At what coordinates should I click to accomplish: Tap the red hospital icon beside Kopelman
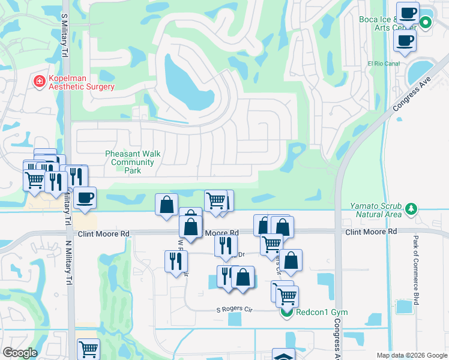click(40, 82)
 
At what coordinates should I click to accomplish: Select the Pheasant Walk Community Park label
click(133, 162)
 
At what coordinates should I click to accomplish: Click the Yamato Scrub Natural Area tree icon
click(411, 209)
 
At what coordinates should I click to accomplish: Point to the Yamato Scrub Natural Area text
click(376, 209)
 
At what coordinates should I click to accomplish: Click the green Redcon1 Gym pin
click(287, 313)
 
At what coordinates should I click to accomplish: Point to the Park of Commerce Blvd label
click(415, 270)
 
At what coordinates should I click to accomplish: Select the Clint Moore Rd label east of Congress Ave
click(371, 231)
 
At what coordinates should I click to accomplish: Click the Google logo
click(20, 353)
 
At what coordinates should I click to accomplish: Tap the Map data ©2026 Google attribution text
click(411, 355)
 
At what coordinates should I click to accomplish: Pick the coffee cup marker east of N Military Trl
click(85, 198)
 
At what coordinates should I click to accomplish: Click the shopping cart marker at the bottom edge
click(89, 349)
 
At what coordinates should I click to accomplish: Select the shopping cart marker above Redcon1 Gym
click(287, 295)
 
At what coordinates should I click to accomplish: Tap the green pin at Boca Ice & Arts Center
click(426, 23)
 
